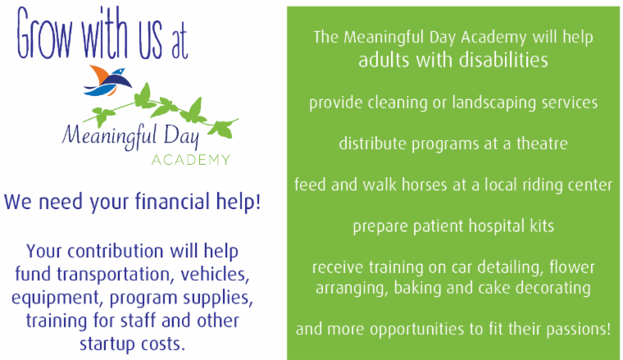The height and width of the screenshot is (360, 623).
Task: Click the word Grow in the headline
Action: (44, 34)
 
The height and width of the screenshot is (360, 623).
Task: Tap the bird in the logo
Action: (107, 81)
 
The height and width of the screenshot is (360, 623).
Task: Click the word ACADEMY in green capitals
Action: (191, 160)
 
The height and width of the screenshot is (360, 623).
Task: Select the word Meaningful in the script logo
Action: (109, 136)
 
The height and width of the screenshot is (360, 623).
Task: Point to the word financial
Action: (172, 201)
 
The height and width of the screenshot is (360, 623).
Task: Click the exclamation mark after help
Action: (258, 201)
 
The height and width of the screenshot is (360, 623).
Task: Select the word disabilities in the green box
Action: (503, 61)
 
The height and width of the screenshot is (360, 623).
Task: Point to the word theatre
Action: (542, 144)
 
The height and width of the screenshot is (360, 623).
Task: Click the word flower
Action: (572, 267)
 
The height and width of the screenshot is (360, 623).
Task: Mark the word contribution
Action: (116, 251)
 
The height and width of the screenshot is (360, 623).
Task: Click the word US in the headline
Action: (151, 38)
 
